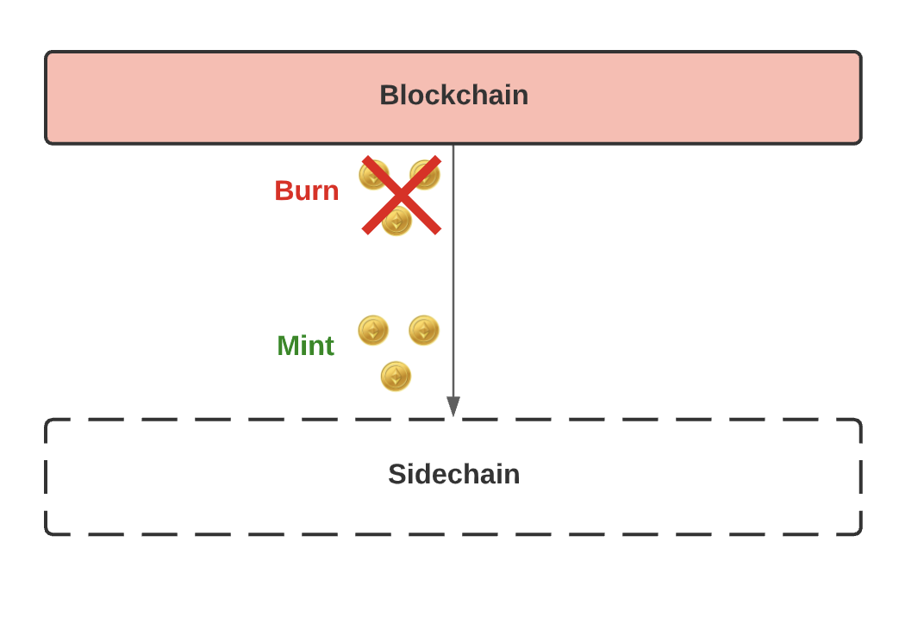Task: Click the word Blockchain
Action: [453, 95]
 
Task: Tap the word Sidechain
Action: [453, 474]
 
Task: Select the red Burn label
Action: [306, 190]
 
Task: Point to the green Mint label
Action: [305, 346]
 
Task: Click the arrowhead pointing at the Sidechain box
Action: [453, 407]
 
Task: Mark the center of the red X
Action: [402, 196]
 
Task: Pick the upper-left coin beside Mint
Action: [373, 330]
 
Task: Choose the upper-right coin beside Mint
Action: [424, 330]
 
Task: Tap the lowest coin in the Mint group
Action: [396, 376]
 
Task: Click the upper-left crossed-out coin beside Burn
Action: [373, 175]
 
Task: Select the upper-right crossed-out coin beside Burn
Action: [425, 174]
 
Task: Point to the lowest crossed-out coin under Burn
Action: [396, 221]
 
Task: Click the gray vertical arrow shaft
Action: [453, 276]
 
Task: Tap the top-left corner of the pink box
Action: [47, 53]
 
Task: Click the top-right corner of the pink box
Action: [860, 53]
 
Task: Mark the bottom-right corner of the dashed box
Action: [860, 533]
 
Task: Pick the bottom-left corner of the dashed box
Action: [47, 533]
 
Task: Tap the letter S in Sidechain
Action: [396, 474]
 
